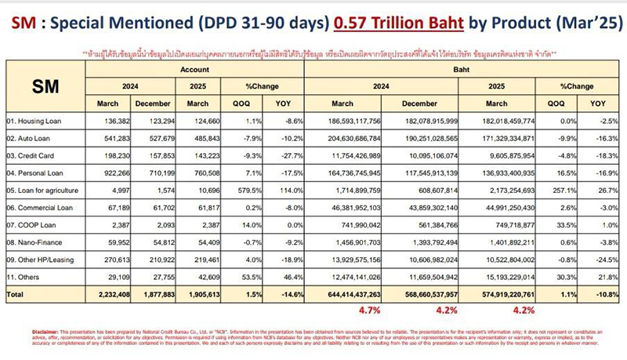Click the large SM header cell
tap(43, 85)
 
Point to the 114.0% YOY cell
tap(281, 191)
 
